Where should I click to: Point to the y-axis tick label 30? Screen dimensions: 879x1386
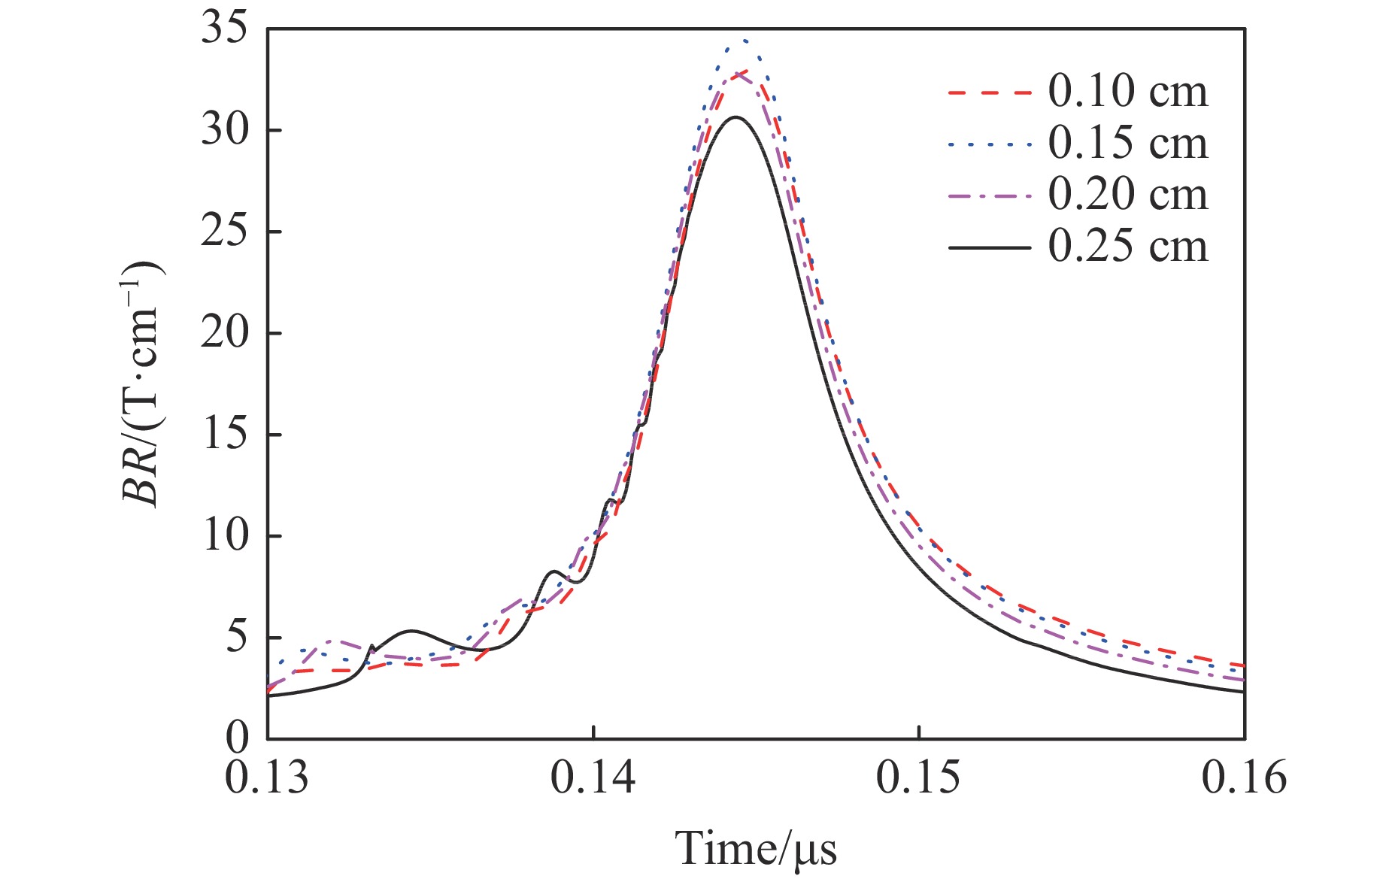224,131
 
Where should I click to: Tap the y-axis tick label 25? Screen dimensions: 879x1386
224,232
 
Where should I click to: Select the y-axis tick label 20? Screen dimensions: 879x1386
224,333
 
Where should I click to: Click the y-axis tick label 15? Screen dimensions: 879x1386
224,435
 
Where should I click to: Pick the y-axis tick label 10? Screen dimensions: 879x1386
224,536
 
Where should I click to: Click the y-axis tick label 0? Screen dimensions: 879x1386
237,738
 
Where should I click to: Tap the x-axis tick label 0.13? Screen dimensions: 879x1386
267,777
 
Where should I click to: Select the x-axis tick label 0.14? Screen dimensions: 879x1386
593,777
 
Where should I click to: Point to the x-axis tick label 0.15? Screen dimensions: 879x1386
918,777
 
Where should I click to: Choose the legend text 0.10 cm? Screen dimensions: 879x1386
1127,92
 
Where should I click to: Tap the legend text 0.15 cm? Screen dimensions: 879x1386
1127,144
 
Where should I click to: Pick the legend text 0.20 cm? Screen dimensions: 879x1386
1127,195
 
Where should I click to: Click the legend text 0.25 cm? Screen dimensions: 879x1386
1127,247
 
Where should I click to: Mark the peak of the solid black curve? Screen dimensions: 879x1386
736,117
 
